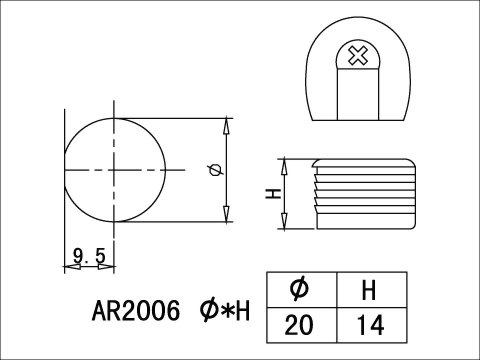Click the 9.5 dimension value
click(90, 258)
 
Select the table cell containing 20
click(299, 325)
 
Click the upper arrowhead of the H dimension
click(284, 162)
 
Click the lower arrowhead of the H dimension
click(284, 224)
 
